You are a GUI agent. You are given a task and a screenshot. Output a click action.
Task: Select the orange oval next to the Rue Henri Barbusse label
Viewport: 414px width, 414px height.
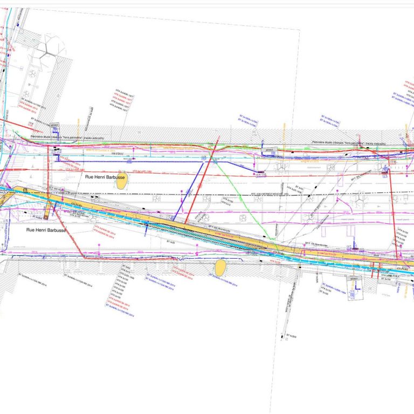coord(122,183)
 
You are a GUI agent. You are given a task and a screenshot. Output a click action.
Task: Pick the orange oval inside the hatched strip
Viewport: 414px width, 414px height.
coord(220,267)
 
